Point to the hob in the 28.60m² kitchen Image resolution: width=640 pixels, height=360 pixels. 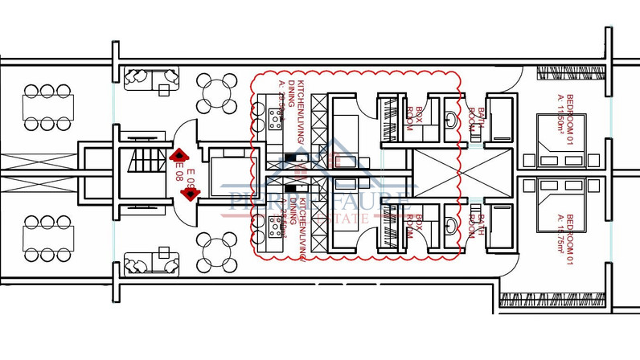(276, 223)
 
